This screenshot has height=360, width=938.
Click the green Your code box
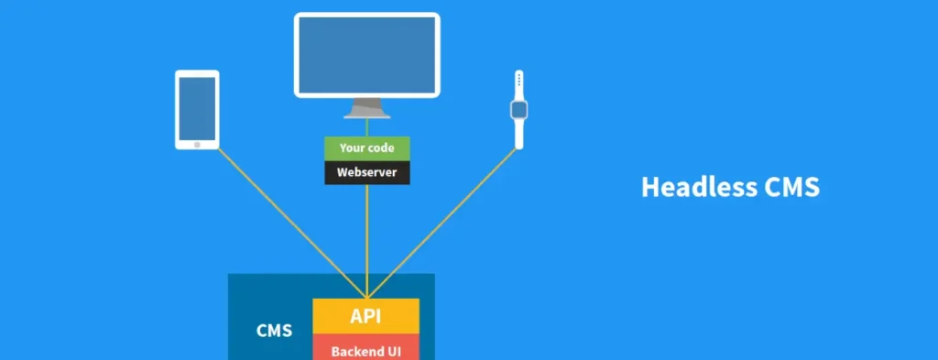[x=366, y=148]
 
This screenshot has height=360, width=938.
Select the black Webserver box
[x=366, y=172]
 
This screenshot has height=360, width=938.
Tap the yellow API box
[x=365, y=317]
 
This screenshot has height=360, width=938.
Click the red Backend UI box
[x=365, y=349]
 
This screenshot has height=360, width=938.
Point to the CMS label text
[x=275, y=330]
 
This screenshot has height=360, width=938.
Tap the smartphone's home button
[x=197, y=144]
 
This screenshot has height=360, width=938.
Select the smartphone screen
[x=197, y=107]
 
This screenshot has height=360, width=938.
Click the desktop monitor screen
[x=366, y=54]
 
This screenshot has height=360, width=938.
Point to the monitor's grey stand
[x=366, y=108]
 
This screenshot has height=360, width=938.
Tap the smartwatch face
[x=518, y=111]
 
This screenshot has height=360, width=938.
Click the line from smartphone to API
[x=275, y=213]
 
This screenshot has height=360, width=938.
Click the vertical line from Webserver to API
[x=366, y=238]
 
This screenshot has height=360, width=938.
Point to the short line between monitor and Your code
[x=366, y=127]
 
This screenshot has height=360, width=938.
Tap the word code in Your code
[x=381, y=148]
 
